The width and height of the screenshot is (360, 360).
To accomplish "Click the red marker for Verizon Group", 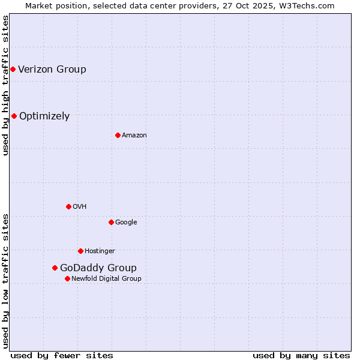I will tap(13, 69).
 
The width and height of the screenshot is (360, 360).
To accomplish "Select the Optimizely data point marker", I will tap(14, 116).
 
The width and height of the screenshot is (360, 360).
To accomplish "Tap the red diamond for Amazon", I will tap(118, 135).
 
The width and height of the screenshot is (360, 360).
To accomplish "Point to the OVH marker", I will tap(68, 206).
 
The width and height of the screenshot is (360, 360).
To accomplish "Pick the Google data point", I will tap(111, 222).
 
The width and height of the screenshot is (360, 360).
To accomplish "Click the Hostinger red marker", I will tap(80, 251).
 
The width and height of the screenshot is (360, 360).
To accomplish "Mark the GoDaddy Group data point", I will tap(55, 268).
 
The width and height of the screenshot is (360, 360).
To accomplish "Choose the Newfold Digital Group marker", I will tap(67, 278).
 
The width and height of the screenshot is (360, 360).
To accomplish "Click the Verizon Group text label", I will tap(52, 69).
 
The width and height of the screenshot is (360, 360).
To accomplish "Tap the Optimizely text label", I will tap(44, 116).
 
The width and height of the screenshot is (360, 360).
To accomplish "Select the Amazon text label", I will tap(134, 135).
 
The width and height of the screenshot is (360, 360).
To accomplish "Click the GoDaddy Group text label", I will tap(98, 268).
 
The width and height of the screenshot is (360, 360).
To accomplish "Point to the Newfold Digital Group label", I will tap(107, 278).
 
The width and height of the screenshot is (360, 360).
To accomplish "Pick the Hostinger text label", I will tap(100, 251).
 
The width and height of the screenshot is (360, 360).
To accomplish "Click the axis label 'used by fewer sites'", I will tap(62, 355).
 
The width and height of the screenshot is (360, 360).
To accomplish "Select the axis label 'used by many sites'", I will tap(301, 355).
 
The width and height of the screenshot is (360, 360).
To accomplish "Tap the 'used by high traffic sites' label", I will tap(5, 85).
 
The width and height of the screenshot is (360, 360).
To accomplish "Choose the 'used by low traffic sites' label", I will tap(5, 280).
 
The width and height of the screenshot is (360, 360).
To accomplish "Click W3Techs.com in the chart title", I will tap(305, 5).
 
